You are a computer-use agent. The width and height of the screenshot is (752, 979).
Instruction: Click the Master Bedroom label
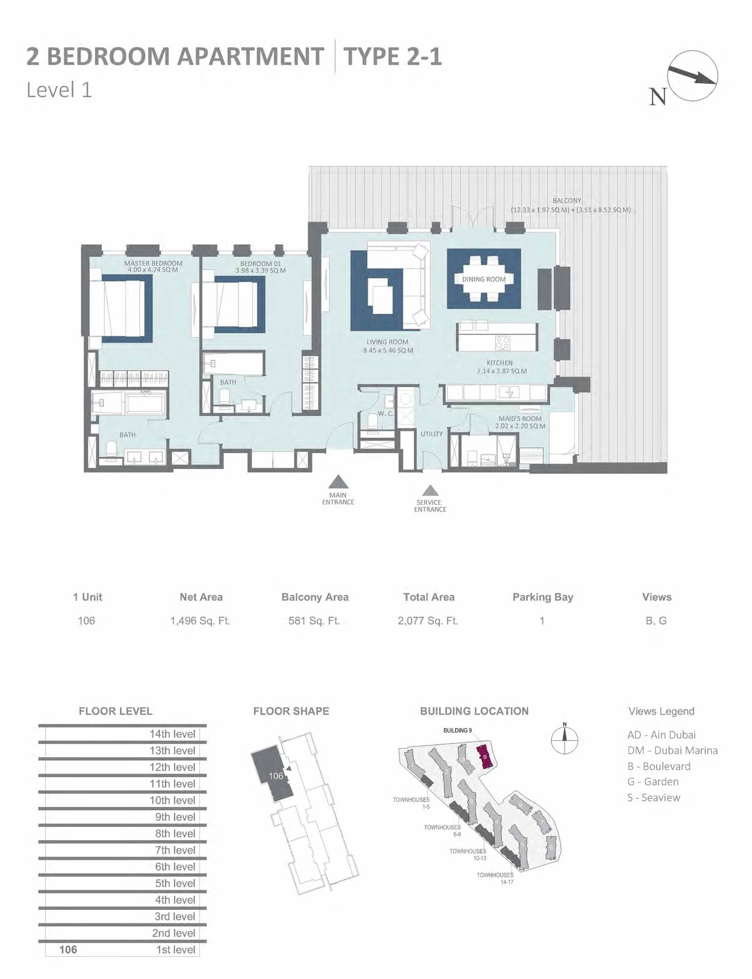153,263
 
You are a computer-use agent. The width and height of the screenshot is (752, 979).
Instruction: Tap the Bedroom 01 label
260,264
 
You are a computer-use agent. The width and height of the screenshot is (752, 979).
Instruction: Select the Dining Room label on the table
484,279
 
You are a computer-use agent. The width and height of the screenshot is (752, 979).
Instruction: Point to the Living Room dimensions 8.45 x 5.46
388,350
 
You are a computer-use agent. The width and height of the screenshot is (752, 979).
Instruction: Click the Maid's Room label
520,418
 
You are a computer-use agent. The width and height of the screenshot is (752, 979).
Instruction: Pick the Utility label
431,434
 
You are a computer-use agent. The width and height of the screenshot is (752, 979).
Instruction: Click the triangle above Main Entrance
338,482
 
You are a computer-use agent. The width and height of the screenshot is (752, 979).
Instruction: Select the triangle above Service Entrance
430,491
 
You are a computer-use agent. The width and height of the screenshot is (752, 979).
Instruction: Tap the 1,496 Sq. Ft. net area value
200,621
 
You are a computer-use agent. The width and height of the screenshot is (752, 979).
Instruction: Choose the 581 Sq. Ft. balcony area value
314,621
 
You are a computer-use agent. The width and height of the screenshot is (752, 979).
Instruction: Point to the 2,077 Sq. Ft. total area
428,621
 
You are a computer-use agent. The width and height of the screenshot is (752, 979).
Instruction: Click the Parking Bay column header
543,597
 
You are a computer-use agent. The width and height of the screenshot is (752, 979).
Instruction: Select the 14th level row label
172,734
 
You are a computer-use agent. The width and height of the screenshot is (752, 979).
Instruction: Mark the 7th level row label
175,850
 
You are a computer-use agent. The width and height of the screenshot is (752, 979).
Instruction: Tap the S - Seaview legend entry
654,798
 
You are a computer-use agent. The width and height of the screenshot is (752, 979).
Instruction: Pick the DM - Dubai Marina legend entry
673,751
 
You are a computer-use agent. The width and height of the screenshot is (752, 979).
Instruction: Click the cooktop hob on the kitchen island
502,343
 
